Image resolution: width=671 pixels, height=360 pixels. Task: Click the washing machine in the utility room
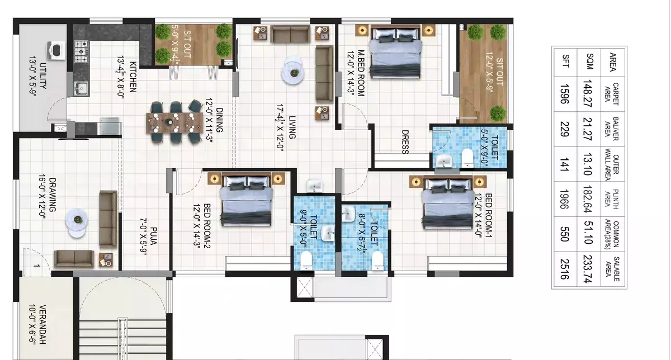coord(56,50)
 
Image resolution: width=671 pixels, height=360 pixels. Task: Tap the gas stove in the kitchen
coord(81,51)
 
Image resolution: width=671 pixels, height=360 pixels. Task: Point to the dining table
coord(174,123)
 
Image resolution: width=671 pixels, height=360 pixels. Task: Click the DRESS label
coord(405,142)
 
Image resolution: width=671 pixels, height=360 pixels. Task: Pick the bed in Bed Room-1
coord(448,203)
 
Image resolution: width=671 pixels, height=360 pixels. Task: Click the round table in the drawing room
coord(77,223)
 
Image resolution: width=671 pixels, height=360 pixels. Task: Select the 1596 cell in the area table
coord(564,94)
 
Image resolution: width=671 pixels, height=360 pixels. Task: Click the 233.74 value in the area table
coord(588,269)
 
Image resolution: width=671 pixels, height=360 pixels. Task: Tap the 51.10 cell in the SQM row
coord(588,233)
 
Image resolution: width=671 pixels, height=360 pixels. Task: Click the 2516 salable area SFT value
coord(564,269)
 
